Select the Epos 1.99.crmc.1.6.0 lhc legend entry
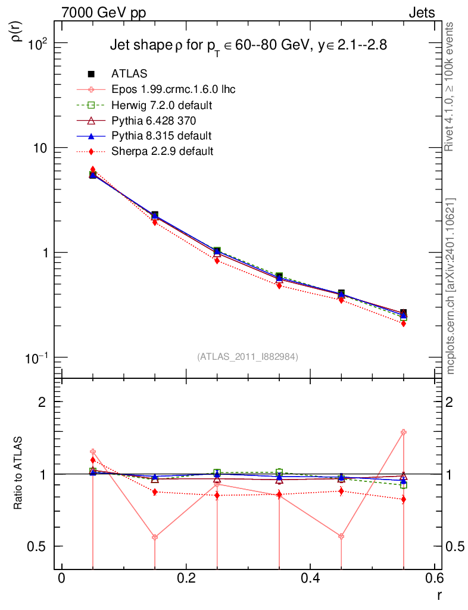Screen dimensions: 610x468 point(173,89)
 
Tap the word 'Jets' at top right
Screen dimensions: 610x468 point(422,13)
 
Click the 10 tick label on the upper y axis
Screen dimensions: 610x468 point(40,148)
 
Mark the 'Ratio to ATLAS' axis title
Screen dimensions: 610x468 point(18,474)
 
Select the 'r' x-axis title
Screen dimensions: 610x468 point(439,595)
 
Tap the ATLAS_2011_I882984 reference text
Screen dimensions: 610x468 point(248,356)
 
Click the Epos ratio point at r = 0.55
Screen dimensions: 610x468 point(403,432)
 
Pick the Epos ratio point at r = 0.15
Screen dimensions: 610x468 point(155,537)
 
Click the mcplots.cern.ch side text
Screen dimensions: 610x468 point(451,286)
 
